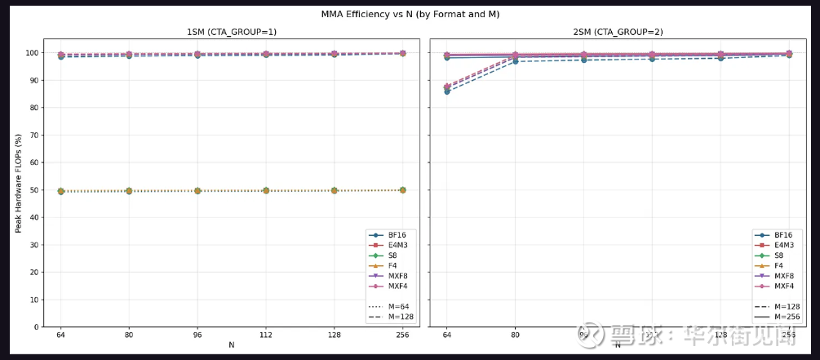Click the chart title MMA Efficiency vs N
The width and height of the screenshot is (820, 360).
[410, 13]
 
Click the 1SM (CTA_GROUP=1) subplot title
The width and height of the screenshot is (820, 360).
[231, 32]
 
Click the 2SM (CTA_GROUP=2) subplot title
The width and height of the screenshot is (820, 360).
[617, 32]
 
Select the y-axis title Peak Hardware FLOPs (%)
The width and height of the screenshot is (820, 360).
[19, 184]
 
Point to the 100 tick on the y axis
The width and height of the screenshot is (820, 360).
[32, 53]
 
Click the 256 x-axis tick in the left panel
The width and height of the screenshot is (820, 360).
[402, 336]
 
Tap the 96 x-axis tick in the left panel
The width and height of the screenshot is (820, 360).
[197, 336]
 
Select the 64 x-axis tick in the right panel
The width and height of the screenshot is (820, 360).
[446, 336]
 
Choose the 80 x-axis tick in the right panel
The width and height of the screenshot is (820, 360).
[515, 336]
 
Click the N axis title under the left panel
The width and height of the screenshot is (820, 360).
[231, 345]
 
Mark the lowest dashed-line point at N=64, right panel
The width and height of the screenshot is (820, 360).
[446, 91]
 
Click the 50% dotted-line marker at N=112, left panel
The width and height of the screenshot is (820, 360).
[266, 190]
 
